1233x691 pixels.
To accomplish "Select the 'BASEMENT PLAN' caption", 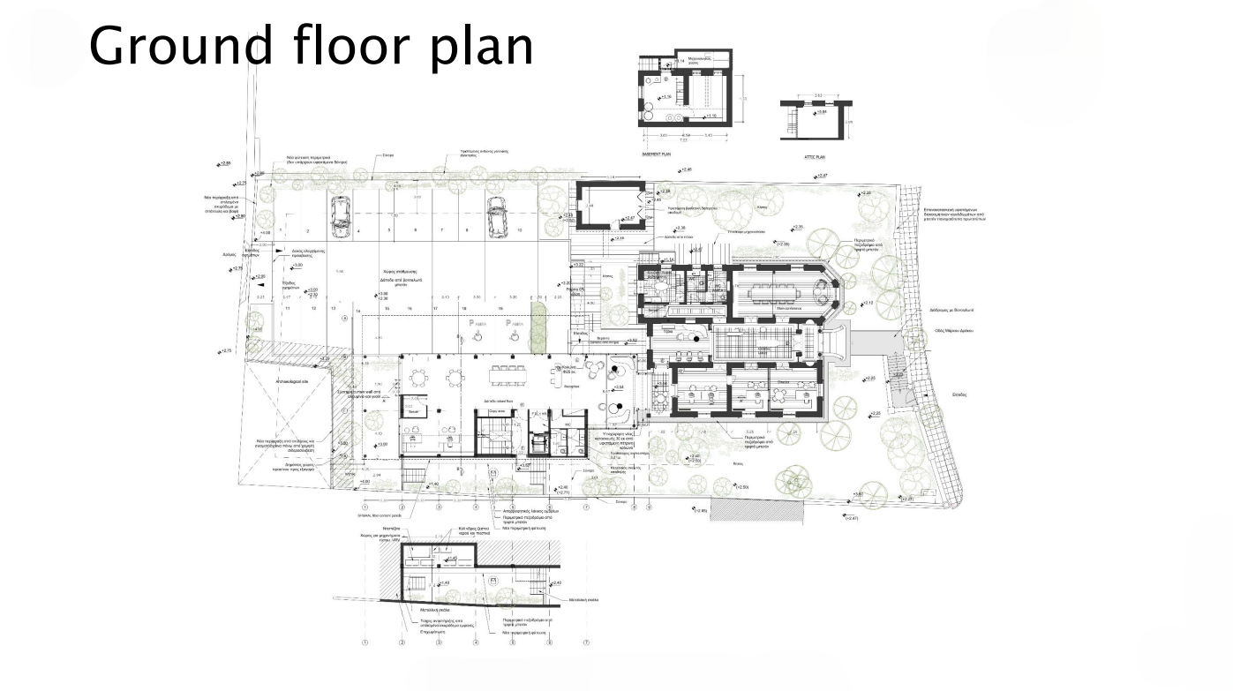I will coord(658,153).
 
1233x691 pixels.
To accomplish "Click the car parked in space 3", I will coord(338,216).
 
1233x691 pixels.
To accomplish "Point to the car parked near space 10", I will coord(496,216).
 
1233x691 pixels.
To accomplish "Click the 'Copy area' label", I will coord(496,411).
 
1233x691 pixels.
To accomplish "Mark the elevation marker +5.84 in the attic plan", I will coord(820,112).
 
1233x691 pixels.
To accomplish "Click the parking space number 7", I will coord(440,229).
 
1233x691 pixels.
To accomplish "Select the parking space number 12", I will coord(312,308).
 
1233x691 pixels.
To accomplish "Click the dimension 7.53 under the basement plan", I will coord(682,139).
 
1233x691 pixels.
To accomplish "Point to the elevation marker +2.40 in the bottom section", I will coord(555,583).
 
